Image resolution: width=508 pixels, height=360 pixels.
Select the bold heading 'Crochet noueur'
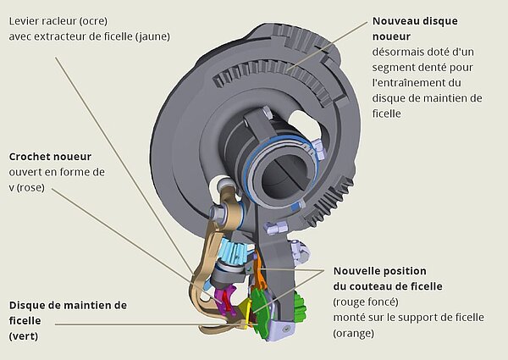[x=50, y=157]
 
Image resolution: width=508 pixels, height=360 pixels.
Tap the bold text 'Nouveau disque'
[x=415, y=19]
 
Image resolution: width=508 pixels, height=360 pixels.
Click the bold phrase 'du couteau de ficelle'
[x=388, y=285]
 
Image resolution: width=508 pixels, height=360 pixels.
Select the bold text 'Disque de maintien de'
[x=68, y=304]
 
